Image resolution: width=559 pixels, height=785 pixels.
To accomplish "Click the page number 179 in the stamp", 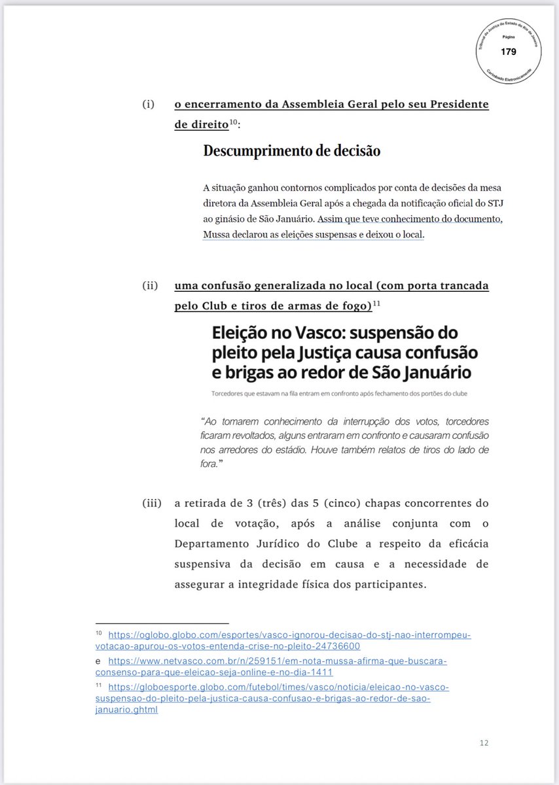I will (x=508, y=51).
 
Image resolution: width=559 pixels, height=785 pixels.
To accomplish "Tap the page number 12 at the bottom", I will (x=484, y=742).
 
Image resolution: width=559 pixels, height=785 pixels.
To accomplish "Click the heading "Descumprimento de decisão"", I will (x=292, y=150).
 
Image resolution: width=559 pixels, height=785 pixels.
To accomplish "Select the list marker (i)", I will (x=149, y=105).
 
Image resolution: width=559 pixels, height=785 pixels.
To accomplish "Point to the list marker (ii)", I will (x=150, y=287).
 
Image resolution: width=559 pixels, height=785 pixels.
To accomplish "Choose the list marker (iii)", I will (x=152, y=504).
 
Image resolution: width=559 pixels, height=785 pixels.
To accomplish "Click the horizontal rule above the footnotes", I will (x=162, y=623).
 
